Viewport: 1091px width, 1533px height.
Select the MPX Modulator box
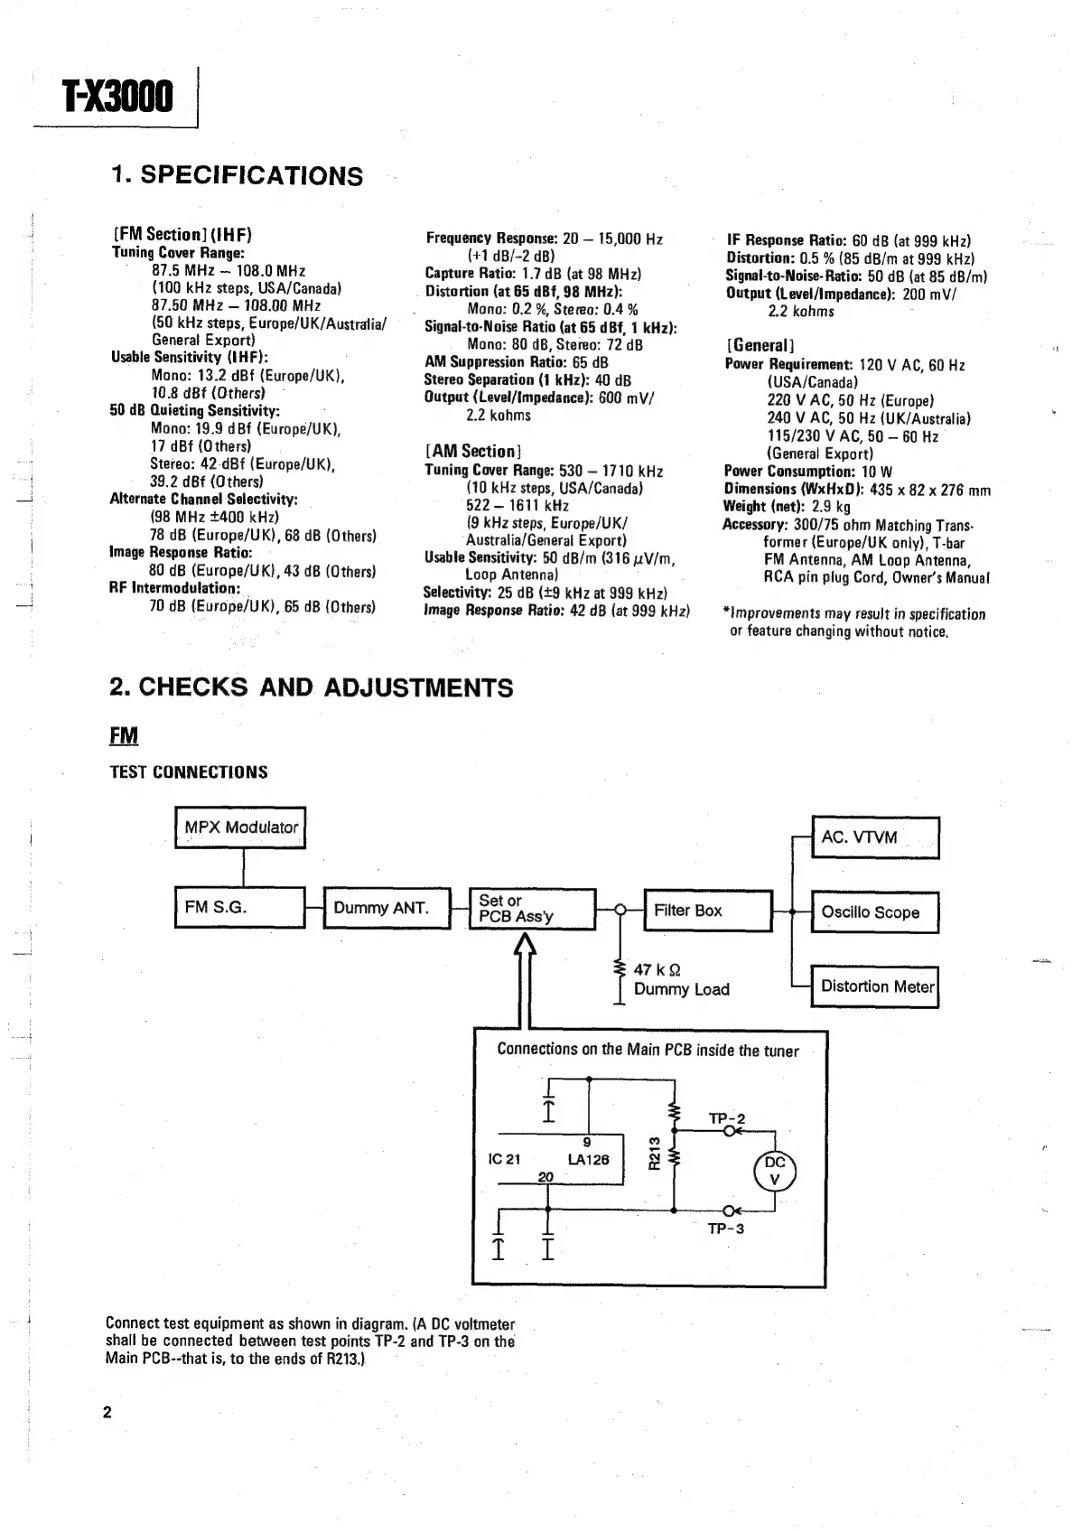pyautogui.click(x=240, y=827)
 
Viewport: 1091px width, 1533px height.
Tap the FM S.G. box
pyautogui.click(x=239, y=907)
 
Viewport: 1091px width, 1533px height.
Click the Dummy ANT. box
pyautogui.click(x=386, y=908)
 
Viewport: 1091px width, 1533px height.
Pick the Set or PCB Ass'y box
pyautogui.click(x=533, y=909)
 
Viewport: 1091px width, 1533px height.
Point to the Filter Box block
pyautogui.click(x=708, y=911)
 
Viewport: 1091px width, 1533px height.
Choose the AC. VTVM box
pyautogui.click(x=875, y=837)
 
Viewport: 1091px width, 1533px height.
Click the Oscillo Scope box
pyautogui.click(x=874, y=912)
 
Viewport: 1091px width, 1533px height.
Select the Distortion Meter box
pyautogui.click(x=874, y=986)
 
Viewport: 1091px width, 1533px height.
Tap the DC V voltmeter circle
pyautogui.click(x=775, y=1171)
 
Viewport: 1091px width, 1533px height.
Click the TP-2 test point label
pyautogui.click(x=726, y=1118)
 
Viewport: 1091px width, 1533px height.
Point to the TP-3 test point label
pyautogui.click(x=726, y=1229)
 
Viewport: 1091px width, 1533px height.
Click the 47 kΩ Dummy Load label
pyautogui.click(x=680, y=979)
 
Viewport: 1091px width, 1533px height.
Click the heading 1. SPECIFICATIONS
pyautogui.click(x=237, y=175)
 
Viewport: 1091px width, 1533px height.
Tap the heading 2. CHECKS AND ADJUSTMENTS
pyautogui.click(x=311, y=687)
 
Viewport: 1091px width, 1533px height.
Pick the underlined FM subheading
pyautogui.click(x=124, y=736)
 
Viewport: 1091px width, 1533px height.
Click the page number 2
pyautogui.click(x=107, y=1413)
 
